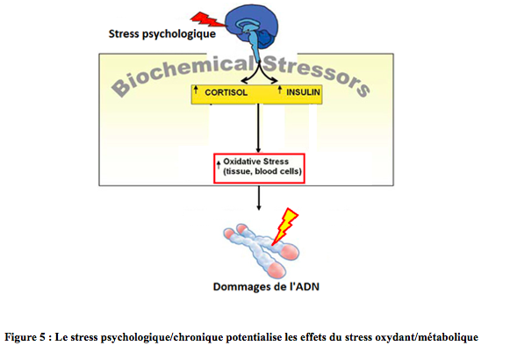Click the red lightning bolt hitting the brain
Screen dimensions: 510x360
pyautogui.click(x=207, y=19)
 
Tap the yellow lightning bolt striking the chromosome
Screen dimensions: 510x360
pyautogui.click(x=284, y=226)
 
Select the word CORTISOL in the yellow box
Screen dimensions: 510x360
pyautogui.click(x=226, y=92)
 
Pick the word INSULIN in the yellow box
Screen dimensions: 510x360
pyautogui.click(x=303, y=92)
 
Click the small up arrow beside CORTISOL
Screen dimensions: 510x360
pyautogui.click(x=196, y=90)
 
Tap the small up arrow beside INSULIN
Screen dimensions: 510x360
pyautogui.click(x=280, y=90)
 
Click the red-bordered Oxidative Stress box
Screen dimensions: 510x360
pyautogui.click(x=259, y=169)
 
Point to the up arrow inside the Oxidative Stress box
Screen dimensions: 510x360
pyautogui.click(x=219, y=164)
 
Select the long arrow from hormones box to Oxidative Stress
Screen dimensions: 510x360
pyautogui.click(x=259, y=128)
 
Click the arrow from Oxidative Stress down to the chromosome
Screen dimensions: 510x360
pyautogui.click(x=259, y=198)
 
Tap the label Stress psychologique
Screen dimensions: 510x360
pyautogui.click(x=162, y=34)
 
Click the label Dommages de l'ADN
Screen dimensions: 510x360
pyautogui.click(x=266, y=287)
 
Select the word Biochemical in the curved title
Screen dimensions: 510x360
pyautogui.click(x=183, y=76)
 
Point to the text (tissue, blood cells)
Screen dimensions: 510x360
pyautogui.click(x=262, y=171)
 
